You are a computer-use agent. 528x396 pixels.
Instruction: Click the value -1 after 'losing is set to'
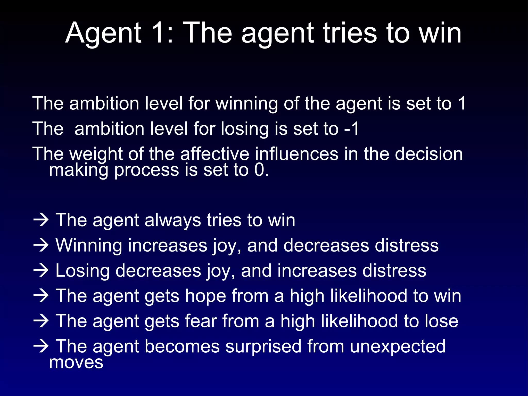point(352,129)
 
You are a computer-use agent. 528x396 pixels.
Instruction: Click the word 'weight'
point(96,154)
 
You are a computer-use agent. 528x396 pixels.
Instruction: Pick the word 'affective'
point(214,154)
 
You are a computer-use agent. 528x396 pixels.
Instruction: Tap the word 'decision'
point(429,154)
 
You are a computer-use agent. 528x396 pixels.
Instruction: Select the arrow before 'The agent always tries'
point(41,220)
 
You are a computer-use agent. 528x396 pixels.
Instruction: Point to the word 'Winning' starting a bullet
point(89,245)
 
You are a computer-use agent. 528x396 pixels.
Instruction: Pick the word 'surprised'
point(263,346)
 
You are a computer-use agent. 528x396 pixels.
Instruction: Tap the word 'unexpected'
point(398,346)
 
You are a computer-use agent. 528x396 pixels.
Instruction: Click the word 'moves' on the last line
point(76,362)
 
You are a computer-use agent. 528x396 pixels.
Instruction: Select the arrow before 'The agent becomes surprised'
point(41,346)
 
